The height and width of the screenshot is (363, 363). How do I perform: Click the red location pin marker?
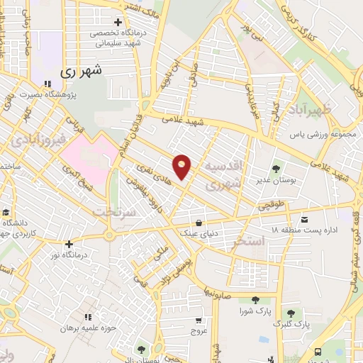pos(182,167)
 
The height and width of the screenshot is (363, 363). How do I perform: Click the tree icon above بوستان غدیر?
pos(276,169)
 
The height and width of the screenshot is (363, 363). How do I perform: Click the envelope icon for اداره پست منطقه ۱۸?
pos(305,219)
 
